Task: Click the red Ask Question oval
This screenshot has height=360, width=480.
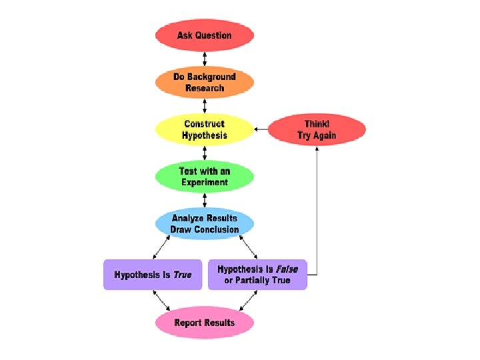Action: click(x=205, y=35)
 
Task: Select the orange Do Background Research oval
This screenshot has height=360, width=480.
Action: click(x=205, y=83)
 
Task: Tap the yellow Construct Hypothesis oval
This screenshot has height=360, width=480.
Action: click(x=205, y=129)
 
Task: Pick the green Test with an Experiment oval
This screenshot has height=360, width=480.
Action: click(x=205, y=177)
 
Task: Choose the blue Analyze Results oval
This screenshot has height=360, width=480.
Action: click(x=205, y=224)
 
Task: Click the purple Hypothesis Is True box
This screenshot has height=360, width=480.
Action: click(x=153, y=275)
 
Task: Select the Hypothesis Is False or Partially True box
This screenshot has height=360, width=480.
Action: click(x=257, y=275)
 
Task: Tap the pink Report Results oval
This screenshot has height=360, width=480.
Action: click(x=205, y=323)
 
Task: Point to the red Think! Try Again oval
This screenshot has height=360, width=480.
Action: click(x=317, y=129)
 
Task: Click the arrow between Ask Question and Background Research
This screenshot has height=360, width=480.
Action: click(x=205, y=59)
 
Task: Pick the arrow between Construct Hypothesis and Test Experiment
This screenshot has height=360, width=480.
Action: click(x=205, y=153)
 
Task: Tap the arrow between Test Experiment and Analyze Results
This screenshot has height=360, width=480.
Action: click(x=205, y=200)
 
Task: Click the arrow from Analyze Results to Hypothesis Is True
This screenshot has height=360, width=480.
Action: click(x=161, y=247)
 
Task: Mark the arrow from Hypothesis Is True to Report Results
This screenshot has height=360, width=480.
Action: click(x=161, y=299)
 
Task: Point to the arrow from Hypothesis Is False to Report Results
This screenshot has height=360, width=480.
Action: click(x=248, y=299)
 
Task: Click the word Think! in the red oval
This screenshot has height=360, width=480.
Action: click(x=317, y=124)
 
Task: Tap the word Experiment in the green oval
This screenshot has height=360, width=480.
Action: click(x=204, y=182)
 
